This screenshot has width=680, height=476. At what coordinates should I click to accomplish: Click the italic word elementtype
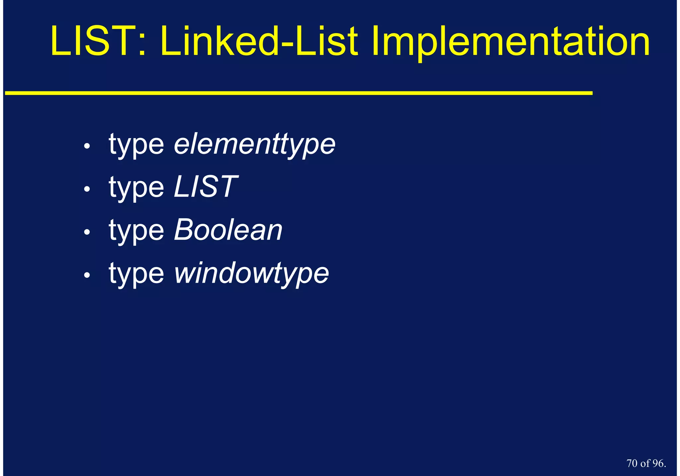pos(255,144)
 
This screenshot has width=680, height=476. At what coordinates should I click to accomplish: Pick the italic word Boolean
pos(228,230)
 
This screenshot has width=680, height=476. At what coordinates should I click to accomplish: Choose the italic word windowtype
pos(251,273)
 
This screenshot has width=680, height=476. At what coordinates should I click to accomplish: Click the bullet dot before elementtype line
pos(87,146)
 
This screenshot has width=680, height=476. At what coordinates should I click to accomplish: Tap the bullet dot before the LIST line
pos(87,189)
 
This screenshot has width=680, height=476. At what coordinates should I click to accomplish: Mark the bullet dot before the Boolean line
pos(87,232)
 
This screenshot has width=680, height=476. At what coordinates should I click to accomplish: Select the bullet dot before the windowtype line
pos(87,275)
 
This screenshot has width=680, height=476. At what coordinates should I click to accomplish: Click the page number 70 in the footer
pos(632,463)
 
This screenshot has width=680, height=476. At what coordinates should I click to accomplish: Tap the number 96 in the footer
pos(658,463)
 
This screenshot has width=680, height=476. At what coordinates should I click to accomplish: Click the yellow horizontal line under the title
pos(299,93)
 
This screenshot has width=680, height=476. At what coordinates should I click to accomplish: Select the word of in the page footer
pos(645,463)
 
